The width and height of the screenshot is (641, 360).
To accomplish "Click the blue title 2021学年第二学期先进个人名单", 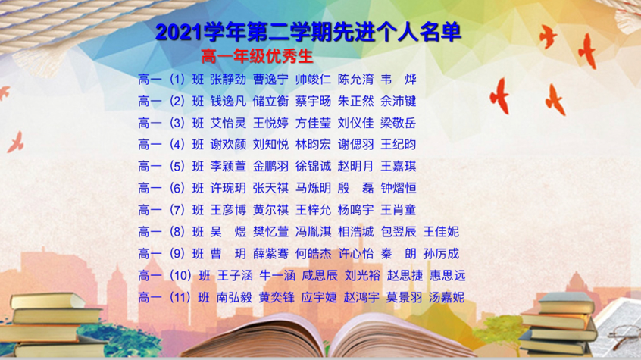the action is [x=308, y=33].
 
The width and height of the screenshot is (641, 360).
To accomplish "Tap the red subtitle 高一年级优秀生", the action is [x=257, y=56].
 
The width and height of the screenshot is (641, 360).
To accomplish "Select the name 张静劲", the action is [x=228, y=79].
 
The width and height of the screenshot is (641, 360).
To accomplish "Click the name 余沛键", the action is [x=399, y=101].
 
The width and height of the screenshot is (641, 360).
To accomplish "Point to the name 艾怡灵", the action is [x=228, y=123].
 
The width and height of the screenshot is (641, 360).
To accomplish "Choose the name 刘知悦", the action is [x=270, y=145].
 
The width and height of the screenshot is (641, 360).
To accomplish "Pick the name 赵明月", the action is [x=355, y=166].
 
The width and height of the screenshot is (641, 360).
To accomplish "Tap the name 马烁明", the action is [x=313, y=188].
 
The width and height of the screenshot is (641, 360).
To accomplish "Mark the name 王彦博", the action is [x=228, y=210].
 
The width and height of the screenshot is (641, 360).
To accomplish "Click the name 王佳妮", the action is [x=441, y=232].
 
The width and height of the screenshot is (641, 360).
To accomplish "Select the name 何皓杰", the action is [x=313, y=254].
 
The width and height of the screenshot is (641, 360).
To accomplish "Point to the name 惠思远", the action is [x=448, y=275].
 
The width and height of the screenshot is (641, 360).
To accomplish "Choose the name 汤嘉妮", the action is [x=446, y=297].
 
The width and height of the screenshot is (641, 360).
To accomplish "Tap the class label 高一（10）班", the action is [x=174, y=275].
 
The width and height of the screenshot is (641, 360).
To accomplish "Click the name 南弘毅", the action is [x=234, y=297].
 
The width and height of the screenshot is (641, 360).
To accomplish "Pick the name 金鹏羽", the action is [x=270, y=166].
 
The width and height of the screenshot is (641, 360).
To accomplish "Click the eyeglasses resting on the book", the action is [x=625, y=332].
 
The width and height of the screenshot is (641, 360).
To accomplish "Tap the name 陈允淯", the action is [x=355, y=79].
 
